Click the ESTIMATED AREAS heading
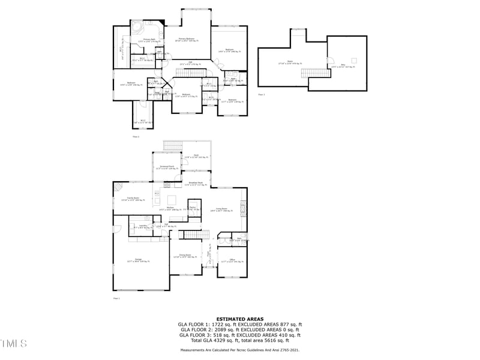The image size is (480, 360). coord(239,319)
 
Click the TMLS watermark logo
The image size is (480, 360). coord(13,343)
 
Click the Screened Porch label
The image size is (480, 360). coord(167,166)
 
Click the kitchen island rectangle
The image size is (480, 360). coord(172,199)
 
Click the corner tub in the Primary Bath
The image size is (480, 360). coord(138,29)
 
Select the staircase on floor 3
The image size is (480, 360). coord(309,73)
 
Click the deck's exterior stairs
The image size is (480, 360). coord(172,146)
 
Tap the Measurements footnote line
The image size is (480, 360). coord(239,349)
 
